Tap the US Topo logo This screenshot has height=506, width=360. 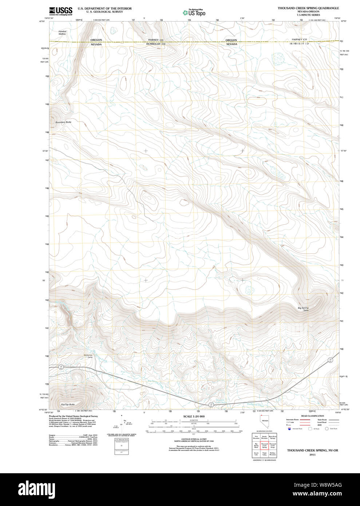tap(194, 13)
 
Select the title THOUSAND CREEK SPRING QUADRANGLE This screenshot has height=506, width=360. tap(308, 8)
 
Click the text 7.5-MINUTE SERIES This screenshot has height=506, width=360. tap(308, 15)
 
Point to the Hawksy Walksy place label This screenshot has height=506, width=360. tap(62, 32)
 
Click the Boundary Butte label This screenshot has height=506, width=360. tap(63, 122)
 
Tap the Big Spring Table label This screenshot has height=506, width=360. tap(303, 309)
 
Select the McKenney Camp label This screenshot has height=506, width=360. tap(88, 356)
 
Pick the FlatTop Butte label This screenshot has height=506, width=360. tap(68, 404)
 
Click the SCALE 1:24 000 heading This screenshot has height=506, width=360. tap(194, 416)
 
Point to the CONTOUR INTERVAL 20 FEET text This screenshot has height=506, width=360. tap(194, 439)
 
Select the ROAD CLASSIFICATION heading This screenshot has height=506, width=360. tap(312, 416)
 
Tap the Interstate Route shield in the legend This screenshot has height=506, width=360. tap(289, 429)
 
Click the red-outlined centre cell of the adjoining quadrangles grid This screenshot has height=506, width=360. tap(264, 445)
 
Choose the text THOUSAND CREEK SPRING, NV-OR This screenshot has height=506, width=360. tap(312, 450)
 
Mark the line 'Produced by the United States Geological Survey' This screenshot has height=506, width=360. tap(73, 416)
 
